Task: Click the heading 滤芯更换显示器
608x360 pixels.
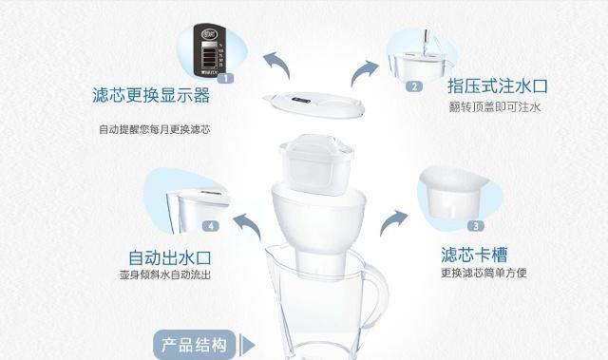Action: click(151, 97)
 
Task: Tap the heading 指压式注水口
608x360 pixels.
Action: click(498, 86)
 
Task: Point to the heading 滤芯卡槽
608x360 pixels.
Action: click(473, 255)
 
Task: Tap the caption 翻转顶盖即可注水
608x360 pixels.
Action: click(495, 107)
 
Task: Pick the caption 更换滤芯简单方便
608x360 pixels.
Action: click(483, 274)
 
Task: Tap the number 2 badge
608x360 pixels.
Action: click(414, 86)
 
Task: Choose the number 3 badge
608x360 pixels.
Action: click(473, 224)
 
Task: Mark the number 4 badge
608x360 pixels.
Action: click(211, 226)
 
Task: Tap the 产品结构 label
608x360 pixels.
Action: click(192, 343)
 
